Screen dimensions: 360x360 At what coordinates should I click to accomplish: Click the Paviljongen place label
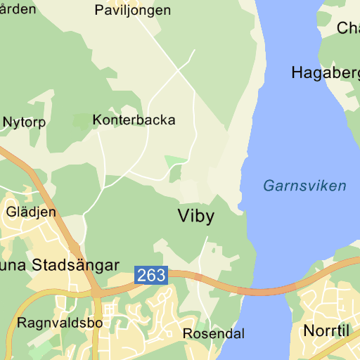pos(132,10)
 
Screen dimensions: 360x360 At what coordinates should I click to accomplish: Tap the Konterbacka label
pos(134,120)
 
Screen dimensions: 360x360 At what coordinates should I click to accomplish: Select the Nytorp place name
pos(24,122)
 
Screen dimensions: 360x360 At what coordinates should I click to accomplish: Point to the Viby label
pos(196,216)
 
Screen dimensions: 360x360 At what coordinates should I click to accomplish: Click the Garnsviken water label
pos(304,186)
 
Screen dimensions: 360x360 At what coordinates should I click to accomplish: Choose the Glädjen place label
pos(31,211)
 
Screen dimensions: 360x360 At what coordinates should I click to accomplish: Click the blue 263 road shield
pos(151,275)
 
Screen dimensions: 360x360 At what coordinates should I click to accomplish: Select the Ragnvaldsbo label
pos(59,323)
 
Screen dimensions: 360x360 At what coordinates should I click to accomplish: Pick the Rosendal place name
pos(214,333)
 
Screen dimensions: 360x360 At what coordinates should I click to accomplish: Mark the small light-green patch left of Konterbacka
pos(82,121)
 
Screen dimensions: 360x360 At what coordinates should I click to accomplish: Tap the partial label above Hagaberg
pos(348,28)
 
